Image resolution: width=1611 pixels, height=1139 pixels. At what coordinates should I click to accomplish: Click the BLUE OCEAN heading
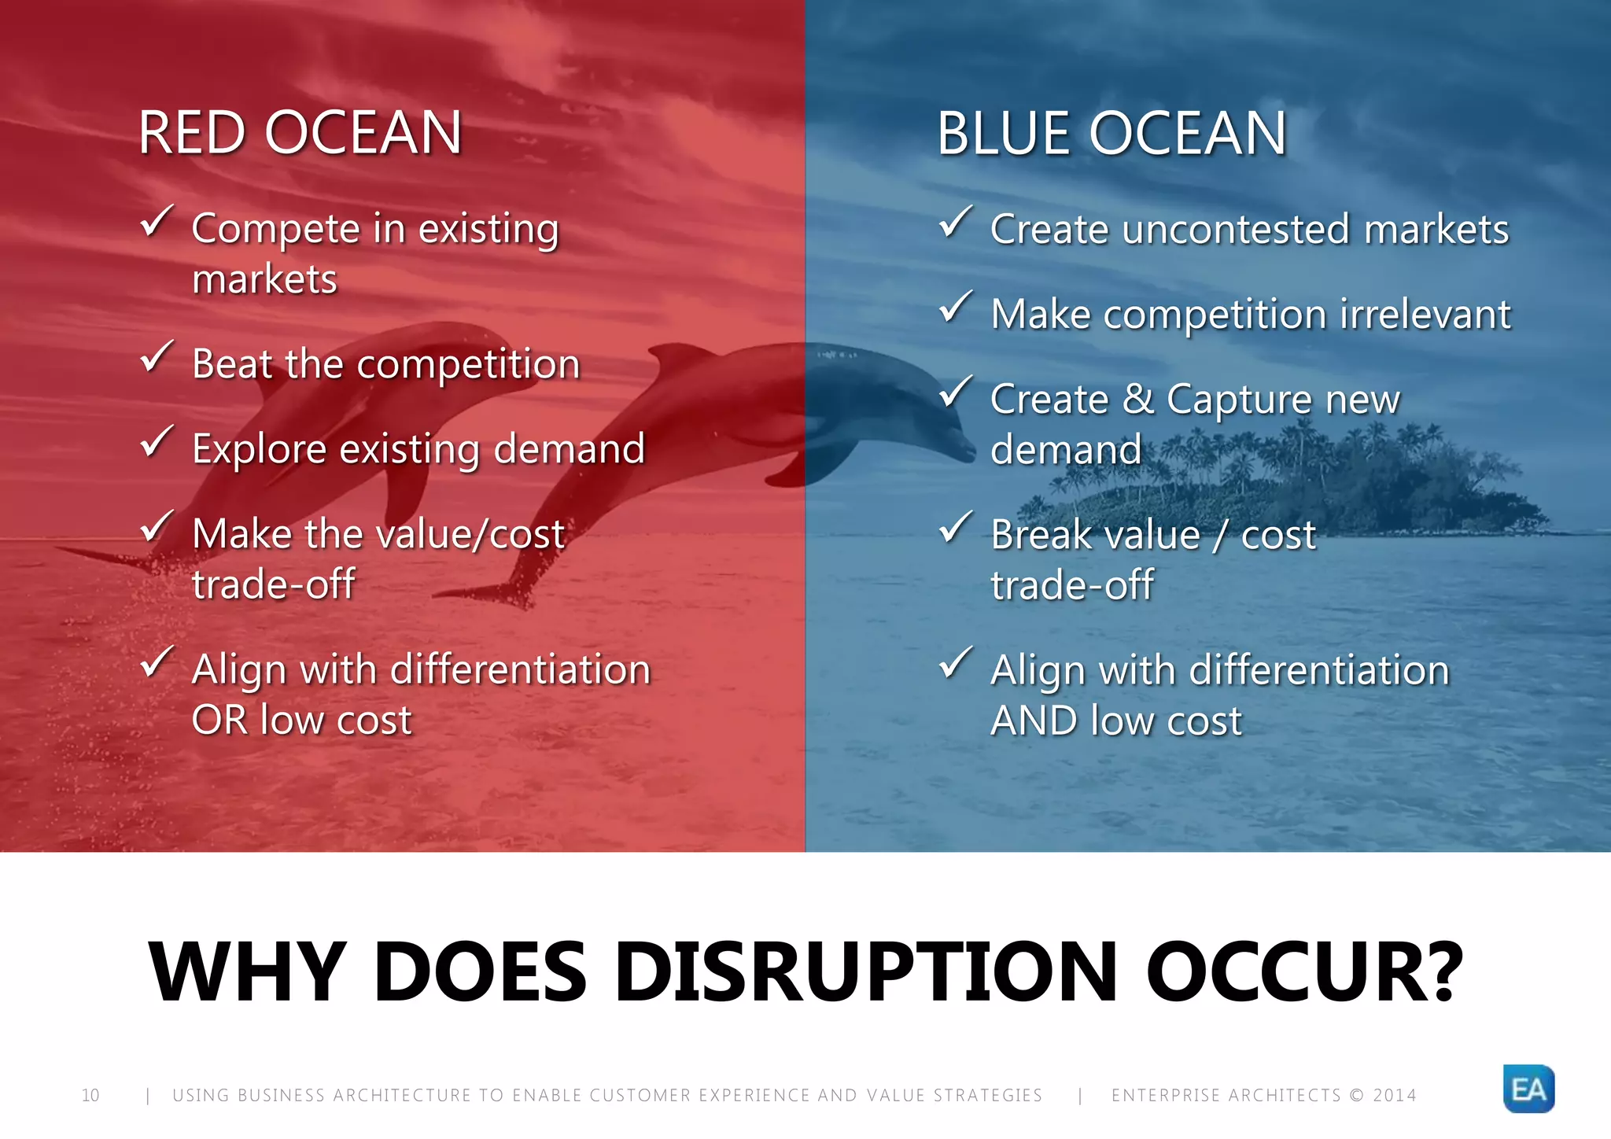1111,133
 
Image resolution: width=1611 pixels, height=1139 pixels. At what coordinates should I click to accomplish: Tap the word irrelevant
1425,314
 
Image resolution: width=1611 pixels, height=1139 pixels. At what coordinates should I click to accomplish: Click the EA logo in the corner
1528,1089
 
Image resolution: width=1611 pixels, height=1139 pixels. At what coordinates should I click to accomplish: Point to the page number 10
90,1095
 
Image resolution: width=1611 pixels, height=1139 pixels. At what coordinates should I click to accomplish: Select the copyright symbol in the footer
1356,1095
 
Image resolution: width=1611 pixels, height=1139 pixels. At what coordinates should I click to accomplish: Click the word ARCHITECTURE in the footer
402,1095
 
